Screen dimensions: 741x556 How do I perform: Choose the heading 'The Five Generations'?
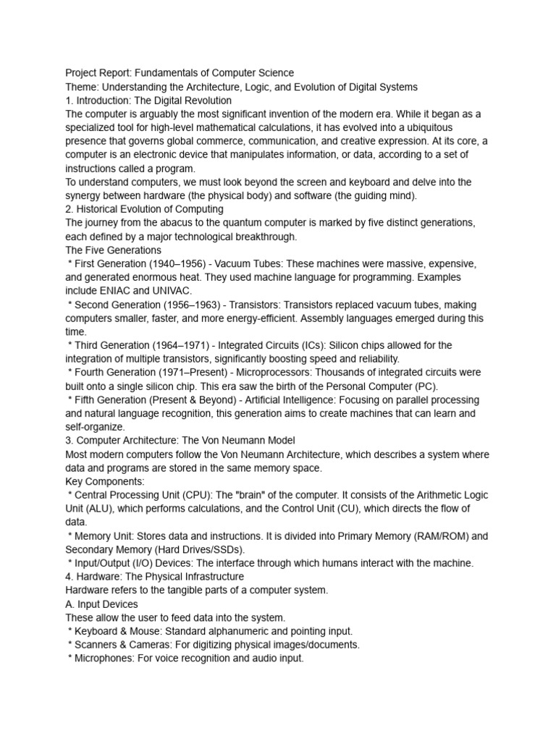pyautogui.click(x=114, y=250)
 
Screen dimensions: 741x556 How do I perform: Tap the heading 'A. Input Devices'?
pyautogui.click(x=101, y=604)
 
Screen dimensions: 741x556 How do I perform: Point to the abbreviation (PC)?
pyautogui.click(x=422, y=386)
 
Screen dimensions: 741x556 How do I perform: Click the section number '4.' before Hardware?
pyautogui.click(x=69, y=577)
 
